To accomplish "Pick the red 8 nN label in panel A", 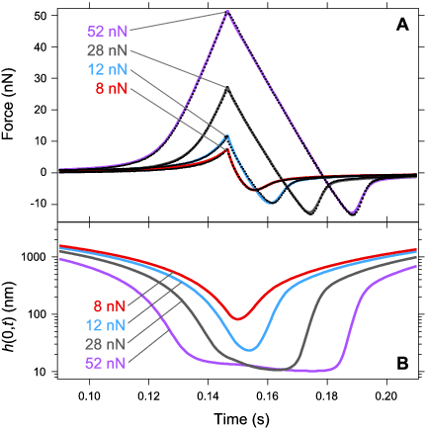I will pyautogui.click(x=97, y=89).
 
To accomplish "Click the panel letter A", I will pyautogui.click(x=402, y=26).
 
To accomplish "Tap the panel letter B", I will pyautogui.click(x=402, y=363).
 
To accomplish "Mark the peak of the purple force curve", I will pyautogui.click(x=227, y=12).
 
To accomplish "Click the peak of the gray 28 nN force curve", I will pyautogui.click(x=227, y=88).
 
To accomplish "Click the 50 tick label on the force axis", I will pyautogui.click(x=43, y=16).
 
